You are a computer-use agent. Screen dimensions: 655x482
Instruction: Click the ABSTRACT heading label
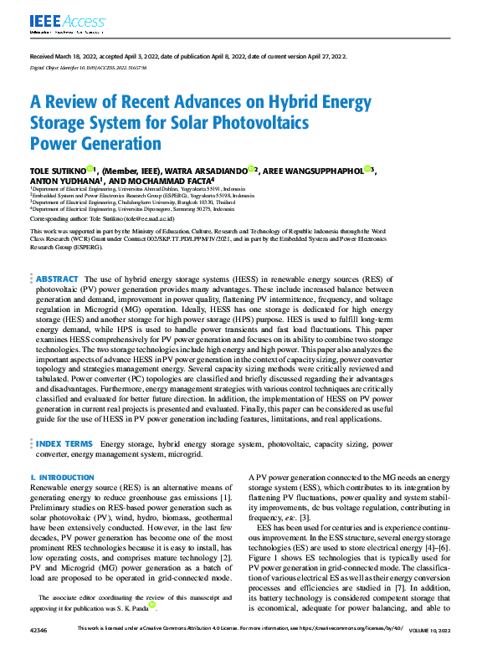[x=58, y=278]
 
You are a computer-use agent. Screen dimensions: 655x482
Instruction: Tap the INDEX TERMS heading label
[x=64, y=443]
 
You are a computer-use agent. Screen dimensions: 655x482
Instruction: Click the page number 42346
[x=38, y=649]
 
